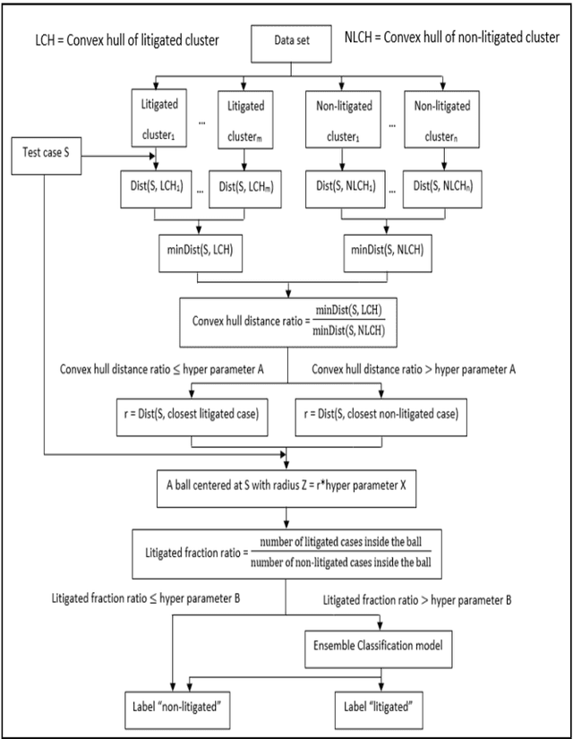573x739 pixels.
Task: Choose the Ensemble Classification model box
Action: tap(385, 645)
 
